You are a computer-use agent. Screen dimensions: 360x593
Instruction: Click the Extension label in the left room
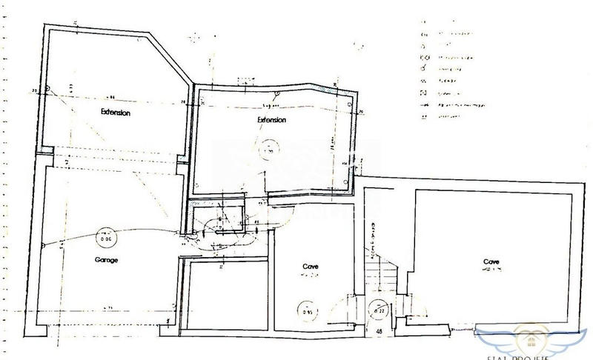pos(116,113)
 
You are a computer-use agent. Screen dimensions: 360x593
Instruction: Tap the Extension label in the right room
pos(271,120)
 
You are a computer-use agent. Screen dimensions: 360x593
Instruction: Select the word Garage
pos(107,261)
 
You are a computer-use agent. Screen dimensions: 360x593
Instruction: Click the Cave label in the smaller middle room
pos(311,266)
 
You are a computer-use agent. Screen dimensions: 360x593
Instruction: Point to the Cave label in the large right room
pos(491,261)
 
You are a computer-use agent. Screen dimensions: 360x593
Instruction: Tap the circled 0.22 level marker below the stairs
pos(377,310)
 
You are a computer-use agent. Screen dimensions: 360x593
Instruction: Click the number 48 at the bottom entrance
pos(380,331)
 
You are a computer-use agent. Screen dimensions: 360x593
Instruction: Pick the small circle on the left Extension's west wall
pos(47,88)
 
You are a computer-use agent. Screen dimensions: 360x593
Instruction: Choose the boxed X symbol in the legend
pos(423,94)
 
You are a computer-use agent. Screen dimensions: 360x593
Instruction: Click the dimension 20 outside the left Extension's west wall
pos(35,90)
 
